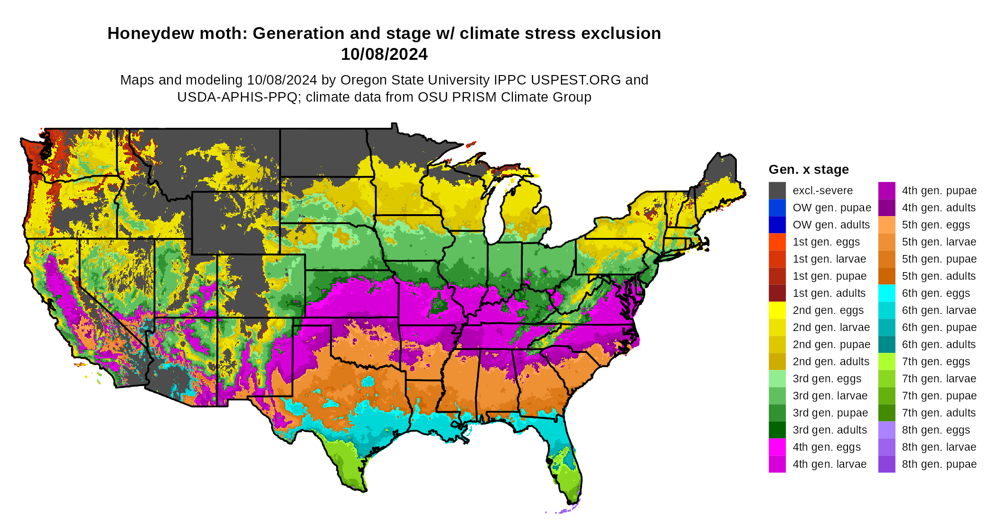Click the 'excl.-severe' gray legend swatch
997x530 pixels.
pyautogui.click(x=777, y=190)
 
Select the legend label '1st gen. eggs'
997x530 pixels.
pyautogui.click(x=826, y=242)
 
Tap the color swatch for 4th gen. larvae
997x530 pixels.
pyautogui.click(x=777, y=464)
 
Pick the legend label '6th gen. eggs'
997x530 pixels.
pyautogui.click(x=936, y=293)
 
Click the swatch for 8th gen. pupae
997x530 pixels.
pyautogui.click(x=886, y=464)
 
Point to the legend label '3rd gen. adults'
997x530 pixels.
pyautogui.click(x=830, y=430)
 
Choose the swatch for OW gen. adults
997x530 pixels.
pyautogui.click(x=777, y=225)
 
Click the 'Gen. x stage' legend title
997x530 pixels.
pyautogui.click(x=809, y=170)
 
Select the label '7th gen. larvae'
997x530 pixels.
pyautogui.click(x=939, y=379)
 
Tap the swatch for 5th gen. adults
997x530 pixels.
pyautogui.click(x=886, y=276)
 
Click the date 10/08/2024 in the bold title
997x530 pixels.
pyautogui.click(x=384, y=54)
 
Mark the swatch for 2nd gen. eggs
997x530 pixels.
pyautogui.click(x=777, y=310)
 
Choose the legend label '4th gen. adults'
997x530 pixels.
pyautogui.click(x=939, y=208)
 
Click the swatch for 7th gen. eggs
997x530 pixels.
pyautogui.click(x=886, y=361)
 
